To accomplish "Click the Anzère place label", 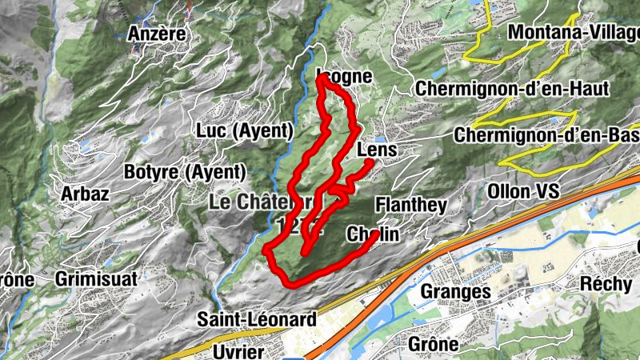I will pyautogui.click(x=157, y=34).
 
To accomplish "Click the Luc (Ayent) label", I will pyautogui.click(x=244, y=130).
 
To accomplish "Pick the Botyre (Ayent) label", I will pyautogui.click(x=184, y=171).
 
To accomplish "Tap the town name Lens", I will pyautogui.click(x=378, y=150).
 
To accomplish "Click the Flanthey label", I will pyautogui.click(x=410, y=205).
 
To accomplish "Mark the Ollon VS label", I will pyautogui.click(x=518, y=192).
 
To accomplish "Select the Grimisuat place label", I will pyautogui.click(x=96, y=279).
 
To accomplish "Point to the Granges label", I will pyautogui.click(x=455, y=292).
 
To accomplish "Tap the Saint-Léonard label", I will pyautogui.click(x=257, y=319).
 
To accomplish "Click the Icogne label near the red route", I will pyautogui.click(x=346, y=77).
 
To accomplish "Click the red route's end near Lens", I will pyautogui.click(x=369, y=163).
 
